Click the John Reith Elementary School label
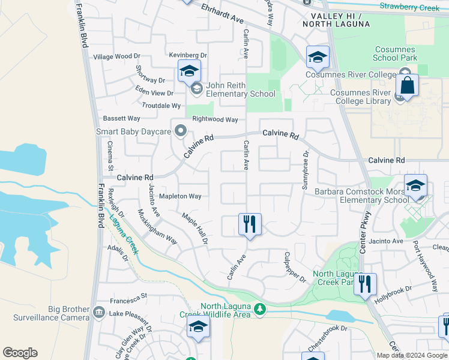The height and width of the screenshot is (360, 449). (x=240, y=89)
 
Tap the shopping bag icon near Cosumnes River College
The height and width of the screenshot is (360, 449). (x=407, y=85)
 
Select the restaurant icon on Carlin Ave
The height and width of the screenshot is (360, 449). (x=250, y=224)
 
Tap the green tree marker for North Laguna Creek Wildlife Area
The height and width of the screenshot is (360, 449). (x=259, y=309)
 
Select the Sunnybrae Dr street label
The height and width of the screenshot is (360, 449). (x=305, y=162)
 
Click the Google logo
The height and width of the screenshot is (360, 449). (x=20, y=353)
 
